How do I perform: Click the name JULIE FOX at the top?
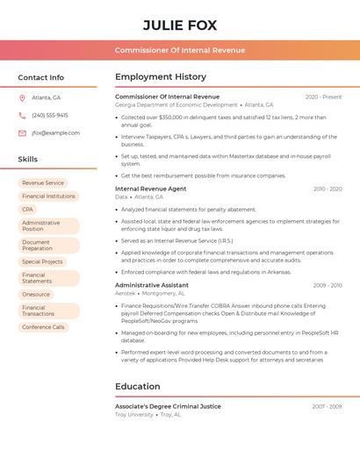(179, 25)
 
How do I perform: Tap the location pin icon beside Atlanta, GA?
(22, 97)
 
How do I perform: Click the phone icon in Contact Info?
(22, 115)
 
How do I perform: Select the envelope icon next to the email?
(22, 133)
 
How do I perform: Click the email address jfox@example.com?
(55, 133)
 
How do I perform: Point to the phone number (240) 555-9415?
(50, 115)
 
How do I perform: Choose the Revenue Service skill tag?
(43, 183)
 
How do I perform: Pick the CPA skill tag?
(28, 210)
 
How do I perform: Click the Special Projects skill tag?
(43, 261)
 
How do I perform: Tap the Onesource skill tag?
(37, 294)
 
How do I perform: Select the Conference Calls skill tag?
(44, 327)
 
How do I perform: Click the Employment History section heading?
(161, 77)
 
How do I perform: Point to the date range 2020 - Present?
(323, 97)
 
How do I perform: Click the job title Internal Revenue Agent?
(151, 189)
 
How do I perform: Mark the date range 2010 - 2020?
(328, 189)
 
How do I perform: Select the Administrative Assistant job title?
(152, 285)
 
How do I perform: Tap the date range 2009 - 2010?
(328, 285)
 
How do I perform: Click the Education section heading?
(138, 386)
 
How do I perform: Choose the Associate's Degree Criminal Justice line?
(168, 406)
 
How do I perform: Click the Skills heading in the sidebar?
(28, 160)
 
